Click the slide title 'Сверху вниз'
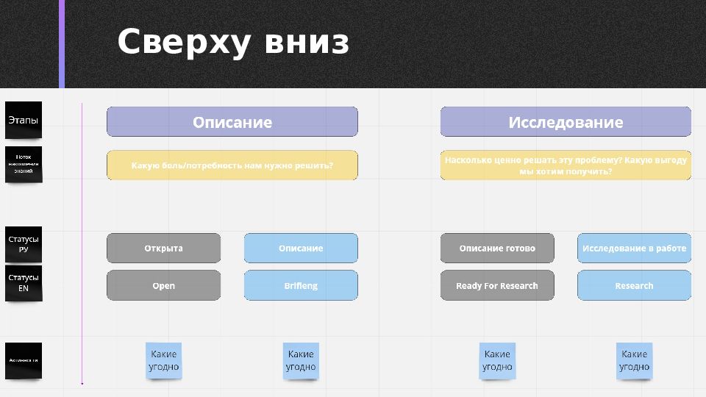click(x=233, y=43)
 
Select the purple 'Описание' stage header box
click(x=232, y=122)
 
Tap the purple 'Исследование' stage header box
click(x=566, y=122)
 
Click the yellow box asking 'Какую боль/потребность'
click(x=232, y=165)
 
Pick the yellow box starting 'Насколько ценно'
click(x=566, y=165)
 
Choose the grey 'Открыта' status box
click(x=163, y=248)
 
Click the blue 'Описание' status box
click(x=301, y=248)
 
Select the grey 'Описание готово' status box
click(x=497, y=248)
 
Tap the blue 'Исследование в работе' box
click(x=634, y=248)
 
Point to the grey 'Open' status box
click(x=163, y=285)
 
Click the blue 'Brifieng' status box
click(x=301, y=285)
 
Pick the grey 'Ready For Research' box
click(x=497, y=285)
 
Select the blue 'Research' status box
click(x=634, y=285)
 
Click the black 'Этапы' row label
click(x=24, y=120)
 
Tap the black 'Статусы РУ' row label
click(x=24, y=244)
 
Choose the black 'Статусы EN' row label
click(x=24, y=283)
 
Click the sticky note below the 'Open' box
click(x=163, y=361)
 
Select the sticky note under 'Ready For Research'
click(x=497, y=361)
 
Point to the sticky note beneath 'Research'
click(x=634, y=361)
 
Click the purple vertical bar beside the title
click(x=62, y=44)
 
